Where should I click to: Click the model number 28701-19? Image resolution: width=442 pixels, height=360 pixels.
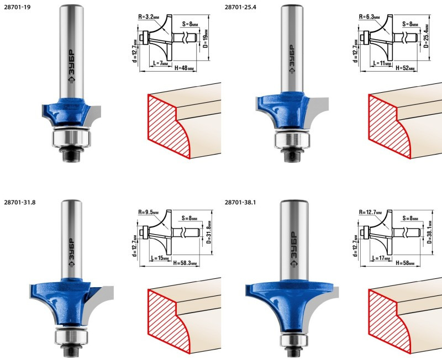(x=17, y=7)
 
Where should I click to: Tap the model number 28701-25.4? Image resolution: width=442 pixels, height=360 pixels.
(x=240, y=7)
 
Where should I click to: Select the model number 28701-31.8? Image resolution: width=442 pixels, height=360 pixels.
(x=20, y=202)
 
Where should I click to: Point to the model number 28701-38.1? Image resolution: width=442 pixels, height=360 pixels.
(x=240, y=202)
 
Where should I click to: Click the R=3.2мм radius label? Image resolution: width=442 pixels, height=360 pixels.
(x=149, y=17)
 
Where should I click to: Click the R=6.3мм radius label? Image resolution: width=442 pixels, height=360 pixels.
(x=369, y=17)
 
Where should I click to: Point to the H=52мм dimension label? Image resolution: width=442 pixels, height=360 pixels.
(x=405, y=68)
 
